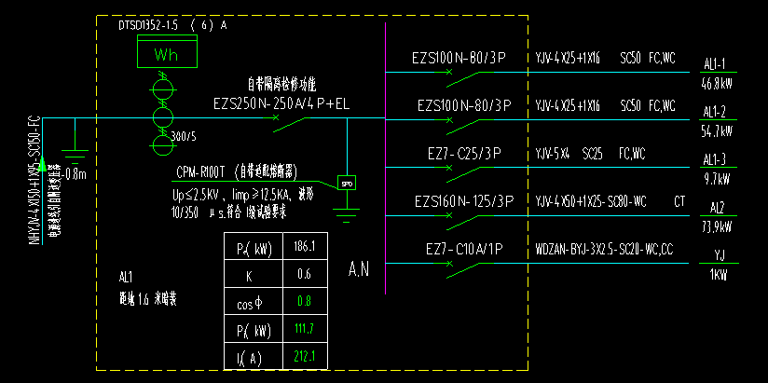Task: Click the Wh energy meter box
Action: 166,54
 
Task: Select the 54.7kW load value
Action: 715,131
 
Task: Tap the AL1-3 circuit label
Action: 714,158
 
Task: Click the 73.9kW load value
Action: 715,226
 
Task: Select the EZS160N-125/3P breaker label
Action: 463,200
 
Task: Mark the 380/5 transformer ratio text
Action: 185,138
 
